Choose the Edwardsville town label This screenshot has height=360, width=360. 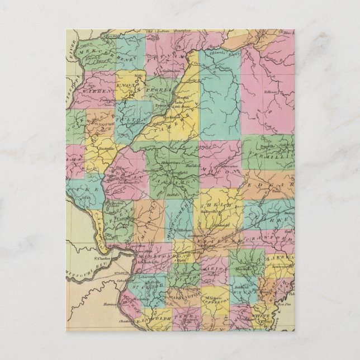(x=149, y=262)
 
